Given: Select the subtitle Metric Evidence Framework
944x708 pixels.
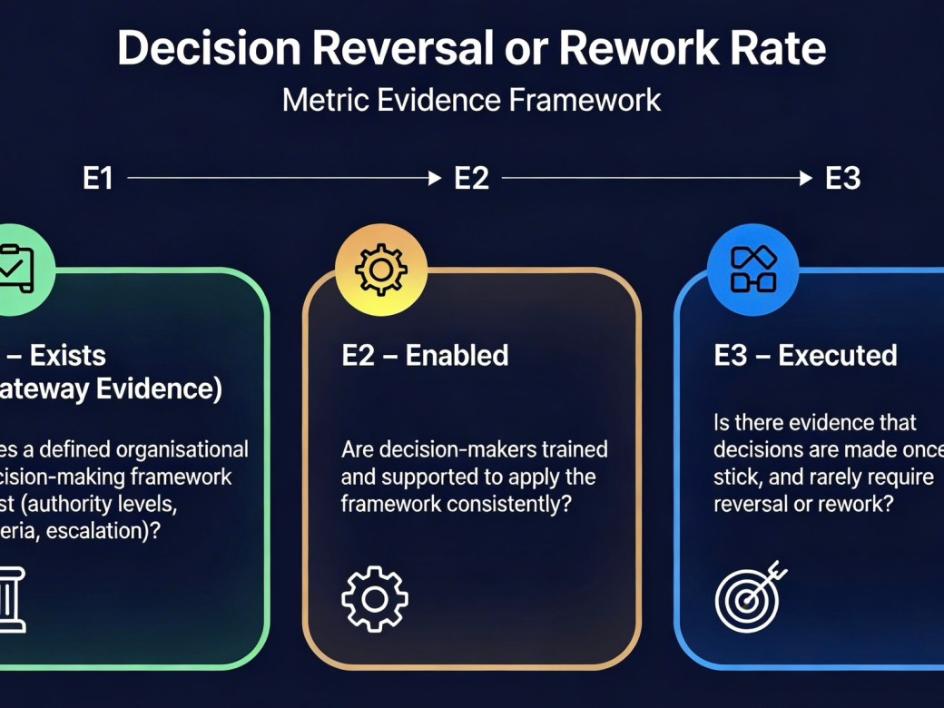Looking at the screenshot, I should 471,99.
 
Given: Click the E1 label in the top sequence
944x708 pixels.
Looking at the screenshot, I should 98,179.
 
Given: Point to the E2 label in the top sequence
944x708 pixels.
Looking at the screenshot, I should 471,179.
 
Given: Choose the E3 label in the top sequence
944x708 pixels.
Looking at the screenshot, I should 842,179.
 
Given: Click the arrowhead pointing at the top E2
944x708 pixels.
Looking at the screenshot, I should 435,179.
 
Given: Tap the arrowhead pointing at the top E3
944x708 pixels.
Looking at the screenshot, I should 806,179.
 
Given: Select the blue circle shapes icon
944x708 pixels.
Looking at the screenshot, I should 752,269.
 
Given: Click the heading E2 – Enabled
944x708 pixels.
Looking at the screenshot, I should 425,355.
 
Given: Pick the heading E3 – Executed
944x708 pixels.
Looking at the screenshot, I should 805,355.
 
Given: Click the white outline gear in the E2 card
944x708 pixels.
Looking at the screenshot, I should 375,598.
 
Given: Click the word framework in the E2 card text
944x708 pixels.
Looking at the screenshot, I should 390,503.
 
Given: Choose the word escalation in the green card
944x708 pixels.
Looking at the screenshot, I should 98,532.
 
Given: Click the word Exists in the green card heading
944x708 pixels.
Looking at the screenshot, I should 68,355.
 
